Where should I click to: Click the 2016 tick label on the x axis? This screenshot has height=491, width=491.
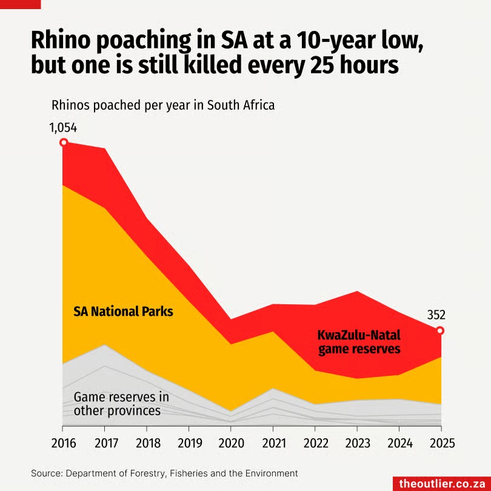click(63, 443)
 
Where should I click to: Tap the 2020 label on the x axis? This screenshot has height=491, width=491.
click(230, 443)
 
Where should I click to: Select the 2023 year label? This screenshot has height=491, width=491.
click(356, 443)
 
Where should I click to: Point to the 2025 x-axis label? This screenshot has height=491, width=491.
click(440, 443)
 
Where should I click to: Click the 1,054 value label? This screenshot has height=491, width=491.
click(63, 128)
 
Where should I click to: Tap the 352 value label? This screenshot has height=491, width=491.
click(436, 315)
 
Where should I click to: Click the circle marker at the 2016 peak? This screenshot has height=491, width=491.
click(63, 142)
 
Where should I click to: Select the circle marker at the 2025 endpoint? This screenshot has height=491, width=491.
click(440, 330)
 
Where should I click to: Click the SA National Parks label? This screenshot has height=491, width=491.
click(123, 312)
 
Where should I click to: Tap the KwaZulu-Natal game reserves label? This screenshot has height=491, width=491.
click(359, 342)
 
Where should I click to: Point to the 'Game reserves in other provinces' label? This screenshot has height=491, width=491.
click(121, 404)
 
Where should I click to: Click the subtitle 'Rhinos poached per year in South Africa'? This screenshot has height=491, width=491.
click(163, 104)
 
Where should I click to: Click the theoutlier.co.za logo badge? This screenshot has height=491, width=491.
click(441, 483)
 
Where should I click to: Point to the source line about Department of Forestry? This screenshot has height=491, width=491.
click(164, 472)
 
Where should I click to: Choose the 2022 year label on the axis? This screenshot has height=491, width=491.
click(314, 443)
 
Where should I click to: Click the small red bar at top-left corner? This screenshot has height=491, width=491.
click(20, 4)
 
